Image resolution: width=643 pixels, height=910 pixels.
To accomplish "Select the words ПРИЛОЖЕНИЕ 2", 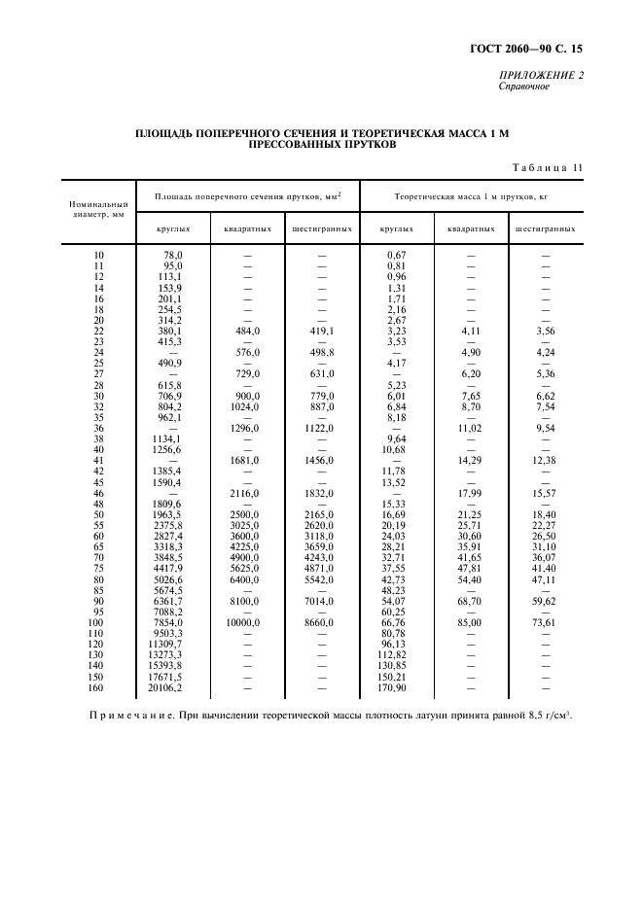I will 541,75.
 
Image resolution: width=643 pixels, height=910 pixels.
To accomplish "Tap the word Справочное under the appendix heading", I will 524,86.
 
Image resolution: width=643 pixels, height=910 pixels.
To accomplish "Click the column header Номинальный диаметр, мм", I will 98,210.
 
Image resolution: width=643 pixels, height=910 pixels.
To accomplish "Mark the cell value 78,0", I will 173,254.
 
